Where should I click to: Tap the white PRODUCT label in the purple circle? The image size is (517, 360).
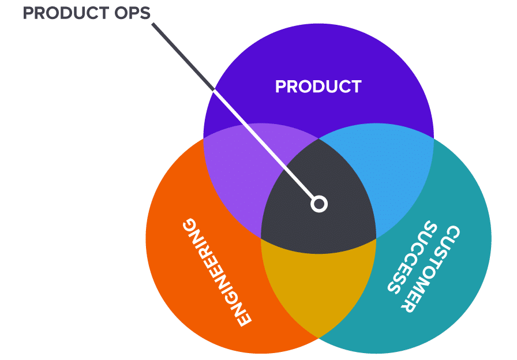coord(318,87)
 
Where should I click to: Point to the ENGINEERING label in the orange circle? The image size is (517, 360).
coord(217,272)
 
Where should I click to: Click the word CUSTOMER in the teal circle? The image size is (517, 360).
coord(430,269)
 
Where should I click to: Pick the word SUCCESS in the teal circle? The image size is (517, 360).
coord(412,257)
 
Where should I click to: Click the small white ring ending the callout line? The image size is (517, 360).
coord(319,204)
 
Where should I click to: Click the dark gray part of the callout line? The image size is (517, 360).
coord(183,57)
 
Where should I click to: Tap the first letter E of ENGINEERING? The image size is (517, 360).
coord(243,318)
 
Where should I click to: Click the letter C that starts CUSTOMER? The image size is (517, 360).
coord(452,234)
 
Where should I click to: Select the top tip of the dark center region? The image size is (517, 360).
coord(319,139)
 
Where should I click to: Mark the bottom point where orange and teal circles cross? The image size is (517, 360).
coord(319,338)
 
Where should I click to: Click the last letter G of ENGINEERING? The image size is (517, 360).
coord(190,225)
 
